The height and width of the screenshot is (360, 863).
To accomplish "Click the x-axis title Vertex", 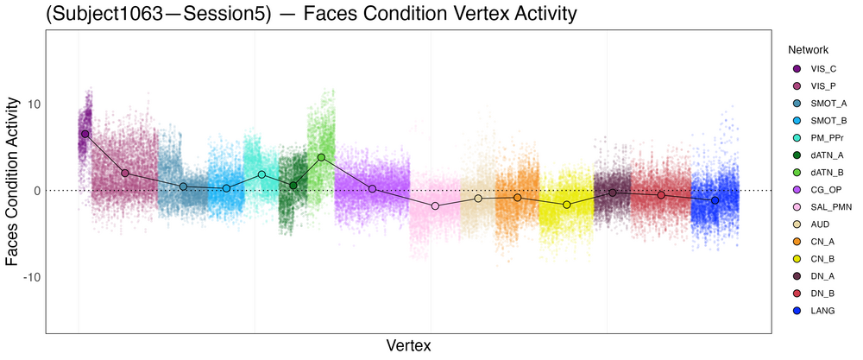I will coord(408,345).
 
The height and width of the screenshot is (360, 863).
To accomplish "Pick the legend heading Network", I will coord(803,50).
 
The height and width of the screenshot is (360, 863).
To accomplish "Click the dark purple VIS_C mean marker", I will coord(85,134).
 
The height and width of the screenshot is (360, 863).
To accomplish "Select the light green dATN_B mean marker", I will coord(321,157).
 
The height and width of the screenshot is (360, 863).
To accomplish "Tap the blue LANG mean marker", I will coord(715,200).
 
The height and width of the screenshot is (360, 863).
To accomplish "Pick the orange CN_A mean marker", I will coord(517,198).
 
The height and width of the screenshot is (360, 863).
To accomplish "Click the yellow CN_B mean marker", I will coord(566,205).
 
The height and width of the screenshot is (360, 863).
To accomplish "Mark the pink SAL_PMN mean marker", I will coord(435,205).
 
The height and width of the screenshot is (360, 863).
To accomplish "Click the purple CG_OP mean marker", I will coord(372,189).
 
